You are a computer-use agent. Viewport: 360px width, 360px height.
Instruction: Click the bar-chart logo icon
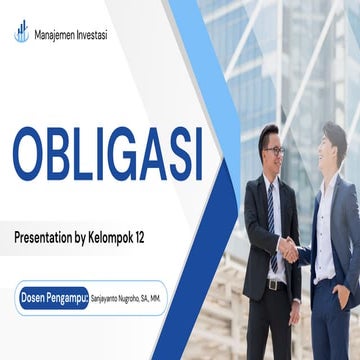pyautogui.click(x=21, y=32)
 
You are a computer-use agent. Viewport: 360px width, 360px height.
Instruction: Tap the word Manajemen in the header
pyautogui.click(x=54, y=35)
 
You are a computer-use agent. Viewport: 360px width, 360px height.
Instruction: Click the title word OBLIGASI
pyautogui.click(x=107, y=155)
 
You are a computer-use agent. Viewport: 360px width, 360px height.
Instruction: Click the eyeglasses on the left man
pyautogui.click(x=274, y=151)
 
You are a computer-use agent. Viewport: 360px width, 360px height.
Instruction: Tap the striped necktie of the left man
pyautogui.click(x=273, y=215)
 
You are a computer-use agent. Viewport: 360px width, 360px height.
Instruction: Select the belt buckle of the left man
pyautogui.click(x=273, y=284)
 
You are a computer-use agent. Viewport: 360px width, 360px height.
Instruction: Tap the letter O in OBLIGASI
pyautogui.click(x=32, y=155)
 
